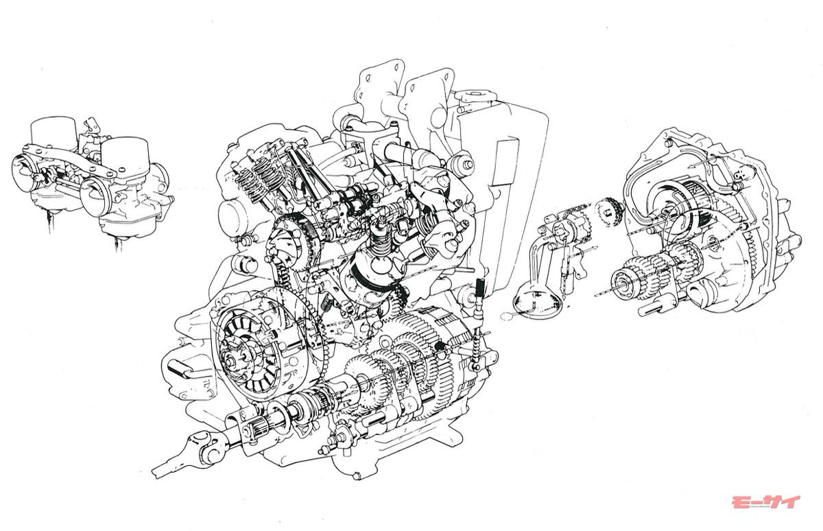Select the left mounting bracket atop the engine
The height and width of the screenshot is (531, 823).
click(375, 88)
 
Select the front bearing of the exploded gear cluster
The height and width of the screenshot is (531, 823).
click(627, 283)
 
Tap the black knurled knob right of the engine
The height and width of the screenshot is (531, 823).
click(480, 284)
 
